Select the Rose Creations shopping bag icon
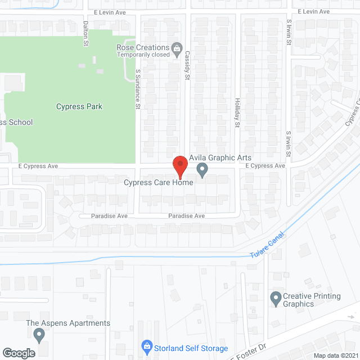(x=177, y=48)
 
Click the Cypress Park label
(x=79, y=106)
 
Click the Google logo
(x=19, y=353)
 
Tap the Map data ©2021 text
(x=336, y=355)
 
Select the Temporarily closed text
(x=143, y=55)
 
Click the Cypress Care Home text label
(x=159, y=182)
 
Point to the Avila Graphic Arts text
(x=220, y=157)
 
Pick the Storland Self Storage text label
(x=192, y=349)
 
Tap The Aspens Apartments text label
(x=68, y=323)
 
